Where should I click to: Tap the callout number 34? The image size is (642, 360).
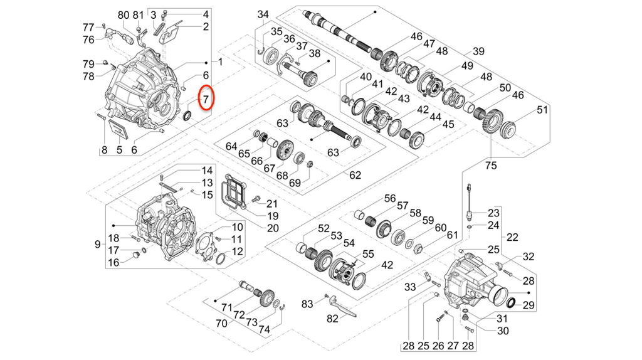tap(263, 14)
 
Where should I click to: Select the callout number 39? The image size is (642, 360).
tap(479, 51)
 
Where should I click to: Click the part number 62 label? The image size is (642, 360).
tap(355, 175)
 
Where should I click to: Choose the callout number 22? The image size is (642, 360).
tap(513, 237)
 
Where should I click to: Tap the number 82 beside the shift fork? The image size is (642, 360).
tap(332, 318)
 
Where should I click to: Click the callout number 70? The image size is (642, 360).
tap(221, 324)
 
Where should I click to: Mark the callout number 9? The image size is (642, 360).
tap(98, 243)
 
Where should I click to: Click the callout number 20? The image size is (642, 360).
tap(272, 228)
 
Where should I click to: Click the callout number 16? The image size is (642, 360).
tap(113, 263)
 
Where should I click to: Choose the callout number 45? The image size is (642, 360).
tap(448, 124)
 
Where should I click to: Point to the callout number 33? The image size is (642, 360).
tap(410, 287)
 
